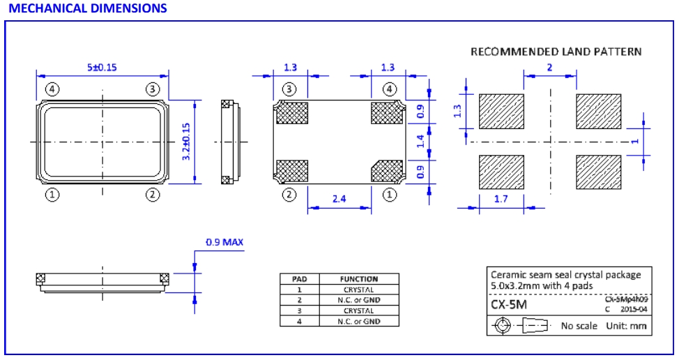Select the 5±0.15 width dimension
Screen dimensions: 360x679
tap(102, 67)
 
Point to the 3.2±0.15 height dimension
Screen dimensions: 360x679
tap(186, 142)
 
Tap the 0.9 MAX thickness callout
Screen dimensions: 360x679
tap(224, 243)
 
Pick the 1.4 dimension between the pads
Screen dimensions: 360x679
tap(420, 141)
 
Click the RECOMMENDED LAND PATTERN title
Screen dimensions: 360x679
tap(556, 52)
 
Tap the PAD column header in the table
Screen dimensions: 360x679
tap(299, 279)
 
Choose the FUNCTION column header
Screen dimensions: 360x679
tap(359, 279)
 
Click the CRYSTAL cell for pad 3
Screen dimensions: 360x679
tap(359, 310)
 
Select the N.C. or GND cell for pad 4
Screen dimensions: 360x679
tap(359, 321)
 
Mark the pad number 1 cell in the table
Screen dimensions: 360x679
tap(299, 290)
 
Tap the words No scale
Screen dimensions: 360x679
tap(578, 326)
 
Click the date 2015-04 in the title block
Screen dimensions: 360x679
tap(632, 308)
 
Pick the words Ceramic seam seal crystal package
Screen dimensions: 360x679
tap(560, 275)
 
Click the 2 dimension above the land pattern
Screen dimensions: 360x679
tap(549, 67)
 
